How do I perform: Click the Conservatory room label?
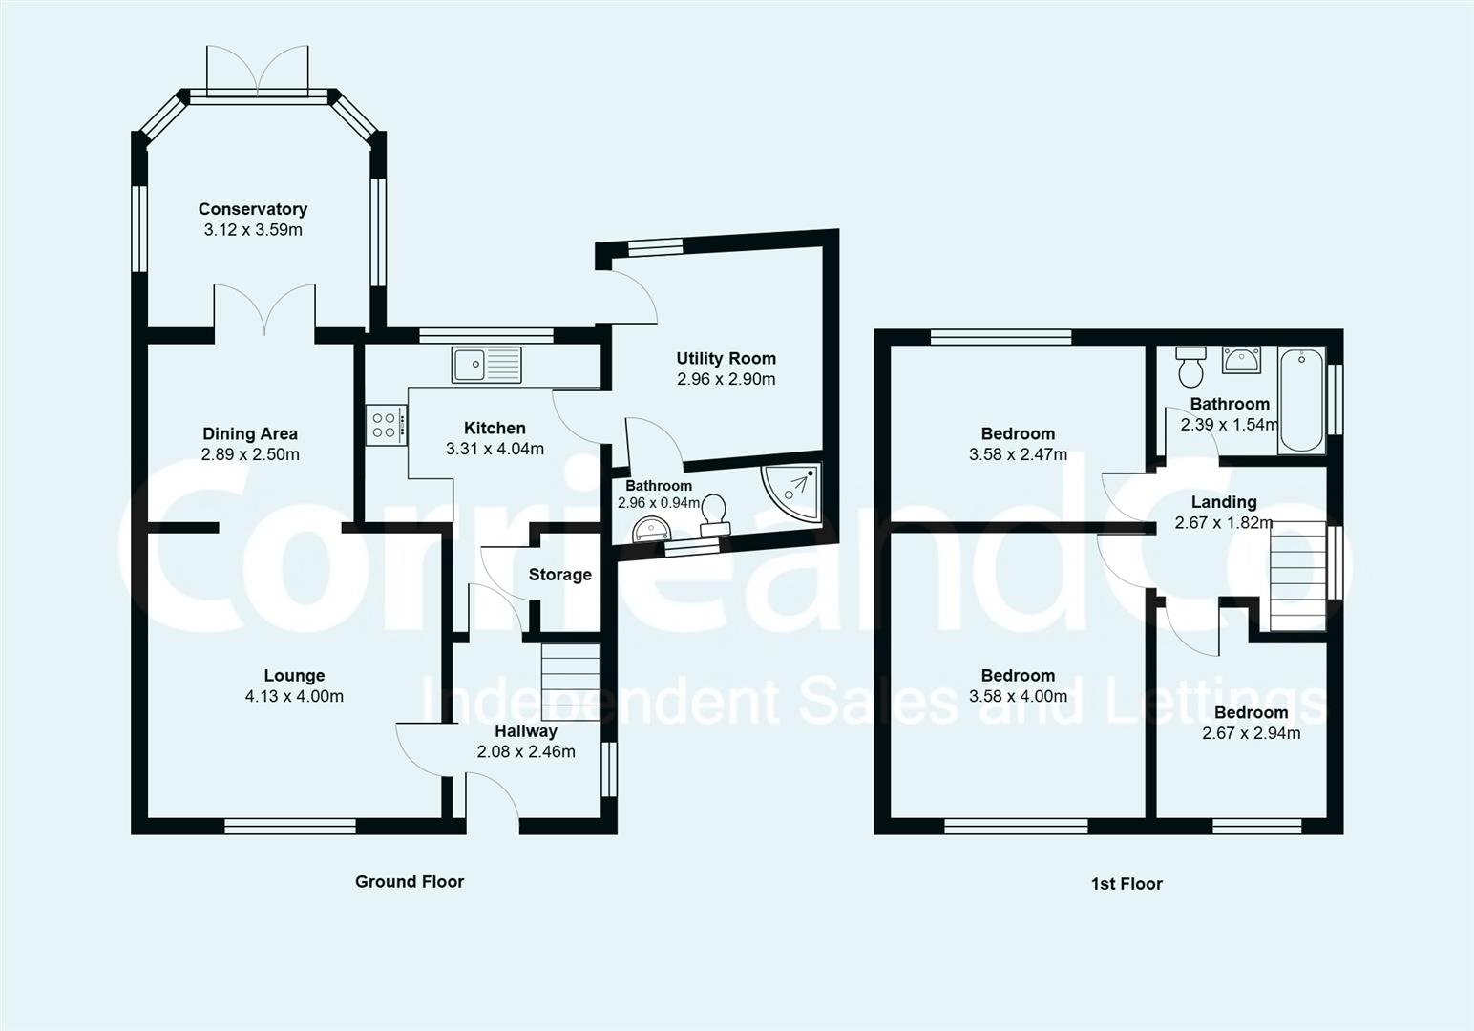coord(253,209)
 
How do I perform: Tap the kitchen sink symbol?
coord(487,365)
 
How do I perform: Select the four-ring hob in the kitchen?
coord(385,425)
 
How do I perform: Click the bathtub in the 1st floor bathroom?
coord(1301,399)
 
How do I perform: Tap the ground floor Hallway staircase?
coord(570,682)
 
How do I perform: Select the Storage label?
coord(559,575)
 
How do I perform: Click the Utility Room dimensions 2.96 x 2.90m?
coord(726,379)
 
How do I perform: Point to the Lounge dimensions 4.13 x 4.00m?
coord(294,697)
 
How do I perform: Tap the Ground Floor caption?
coord(410,881)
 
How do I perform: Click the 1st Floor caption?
coord(1127,884)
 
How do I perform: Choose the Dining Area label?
coord(250,434)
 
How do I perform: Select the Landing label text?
coord(1224,502)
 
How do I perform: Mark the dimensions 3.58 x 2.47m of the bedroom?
coord(1018,455)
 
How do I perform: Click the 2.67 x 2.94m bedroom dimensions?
coord(1251,733)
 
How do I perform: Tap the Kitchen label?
coord(495,428)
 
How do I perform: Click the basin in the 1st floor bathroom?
coord(1241,361)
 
